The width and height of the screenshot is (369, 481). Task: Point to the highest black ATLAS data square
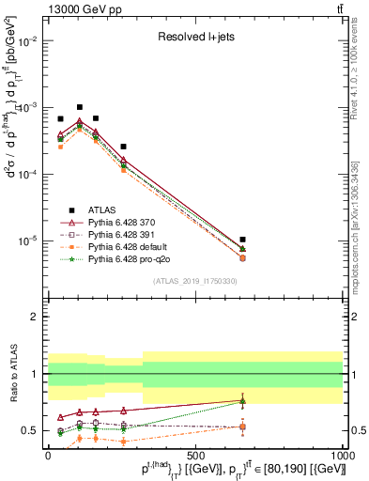click(x=80, y=107)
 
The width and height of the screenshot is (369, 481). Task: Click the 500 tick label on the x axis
click(x=195, y=456)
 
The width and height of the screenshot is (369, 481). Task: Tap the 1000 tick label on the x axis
click(x=342, y=456)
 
